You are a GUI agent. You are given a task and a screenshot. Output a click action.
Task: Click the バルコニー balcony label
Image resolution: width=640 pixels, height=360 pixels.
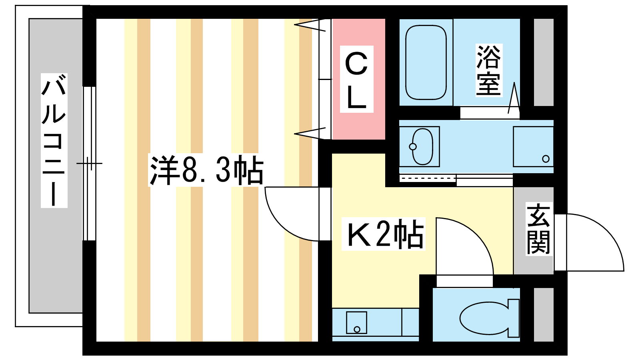pos(54,140)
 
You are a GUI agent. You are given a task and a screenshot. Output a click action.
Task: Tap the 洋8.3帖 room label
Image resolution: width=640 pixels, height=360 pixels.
pos(206,170)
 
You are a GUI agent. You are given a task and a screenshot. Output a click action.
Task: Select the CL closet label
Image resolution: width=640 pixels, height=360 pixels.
pos(356,79)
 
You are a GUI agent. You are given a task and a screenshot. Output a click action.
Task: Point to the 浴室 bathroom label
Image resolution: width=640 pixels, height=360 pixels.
pos(489,70)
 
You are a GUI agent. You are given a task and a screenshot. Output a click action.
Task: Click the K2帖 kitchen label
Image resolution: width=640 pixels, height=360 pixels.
pos(384,234)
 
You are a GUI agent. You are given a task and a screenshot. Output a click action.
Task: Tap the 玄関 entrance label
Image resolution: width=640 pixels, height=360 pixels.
pos(538,228)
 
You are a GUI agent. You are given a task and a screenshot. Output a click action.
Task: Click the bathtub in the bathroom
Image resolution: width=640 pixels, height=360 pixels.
pos(426,62)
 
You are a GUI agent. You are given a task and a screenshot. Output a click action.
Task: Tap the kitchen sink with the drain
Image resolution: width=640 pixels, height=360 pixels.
pos(356,322)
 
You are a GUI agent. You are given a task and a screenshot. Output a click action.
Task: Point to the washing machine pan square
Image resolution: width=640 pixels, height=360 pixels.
pos(533,146)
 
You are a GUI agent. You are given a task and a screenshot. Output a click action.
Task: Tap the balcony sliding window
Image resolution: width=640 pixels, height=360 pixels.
pos(89,164)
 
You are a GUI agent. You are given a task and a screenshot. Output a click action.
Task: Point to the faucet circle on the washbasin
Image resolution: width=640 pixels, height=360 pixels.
pos(412,146)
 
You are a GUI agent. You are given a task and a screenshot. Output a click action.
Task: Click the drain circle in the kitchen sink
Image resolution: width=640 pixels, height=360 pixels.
pos(357,330)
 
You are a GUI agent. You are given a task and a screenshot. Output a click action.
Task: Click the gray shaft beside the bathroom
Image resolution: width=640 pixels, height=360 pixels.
pos(544,62)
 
